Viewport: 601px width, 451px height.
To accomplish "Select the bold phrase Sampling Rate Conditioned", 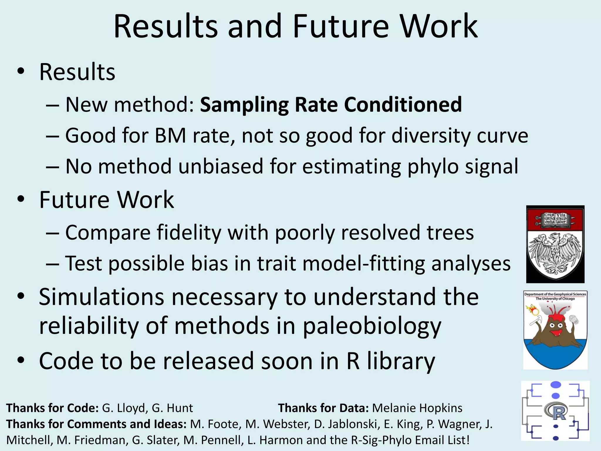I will coord(331,105).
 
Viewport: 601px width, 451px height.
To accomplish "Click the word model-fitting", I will coord(364,263).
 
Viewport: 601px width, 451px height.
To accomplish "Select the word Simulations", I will coord(101,297).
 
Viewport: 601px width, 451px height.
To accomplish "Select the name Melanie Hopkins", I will coord(417,408).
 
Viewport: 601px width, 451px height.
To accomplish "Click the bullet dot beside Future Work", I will coord(21,199).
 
